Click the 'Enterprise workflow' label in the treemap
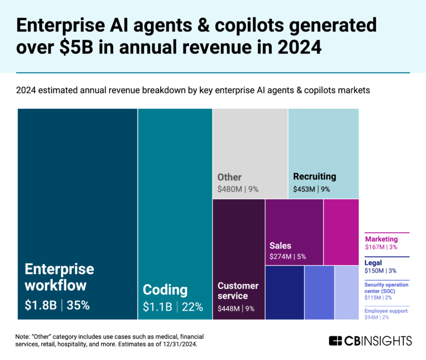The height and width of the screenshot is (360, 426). pos(59,277)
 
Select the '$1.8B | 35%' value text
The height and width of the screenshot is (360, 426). pos(57,305)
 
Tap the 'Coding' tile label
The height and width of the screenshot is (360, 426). pos(165,290)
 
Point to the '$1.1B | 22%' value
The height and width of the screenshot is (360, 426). pos(173,307)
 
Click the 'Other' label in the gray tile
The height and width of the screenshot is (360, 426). pos(229,178)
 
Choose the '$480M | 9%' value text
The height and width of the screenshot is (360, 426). pos(238,189)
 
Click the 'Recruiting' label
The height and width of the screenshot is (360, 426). pos(315,177)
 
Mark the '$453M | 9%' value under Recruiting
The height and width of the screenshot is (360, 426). pos(311,189)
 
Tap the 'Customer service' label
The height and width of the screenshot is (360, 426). pos(237,291)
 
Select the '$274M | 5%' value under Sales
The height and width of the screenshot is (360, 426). pos(287,256)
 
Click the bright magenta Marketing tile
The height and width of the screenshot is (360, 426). pos(341,231)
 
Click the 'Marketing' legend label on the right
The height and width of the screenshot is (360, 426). pos(381,239)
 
